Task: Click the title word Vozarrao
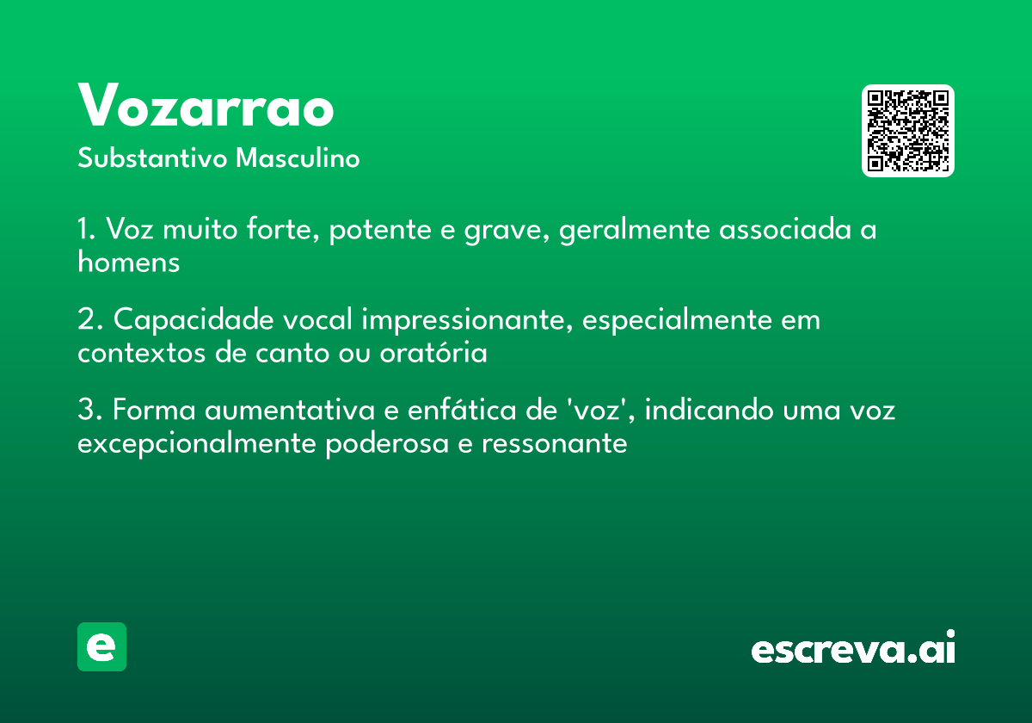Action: tap(206, 105)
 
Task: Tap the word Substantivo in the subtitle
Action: tap(152, 158)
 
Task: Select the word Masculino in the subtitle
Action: tap(298, 158)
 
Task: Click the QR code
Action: tap(907, 131)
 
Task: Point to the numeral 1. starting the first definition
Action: tap(87, 229)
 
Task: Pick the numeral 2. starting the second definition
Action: tap(90, 319)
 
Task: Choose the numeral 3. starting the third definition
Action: tap(90, 410)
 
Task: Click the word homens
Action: tap(128, 262)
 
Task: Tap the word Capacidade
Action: tap(193, 319)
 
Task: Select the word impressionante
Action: tap(467, 320)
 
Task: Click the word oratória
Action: tap(433, 352)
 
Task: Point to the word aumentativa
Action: tap(290, 410)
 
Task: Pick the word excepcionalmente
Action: tap(197, 444)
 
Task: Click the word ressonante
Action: tap(554, 443)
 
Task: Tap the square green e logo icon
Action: tap(101, 646)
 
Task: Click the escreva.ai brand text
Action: tap(853, 647)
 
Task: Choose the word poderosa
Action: tap(387, 444)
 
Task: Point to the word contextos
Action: tap(141, 353)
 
